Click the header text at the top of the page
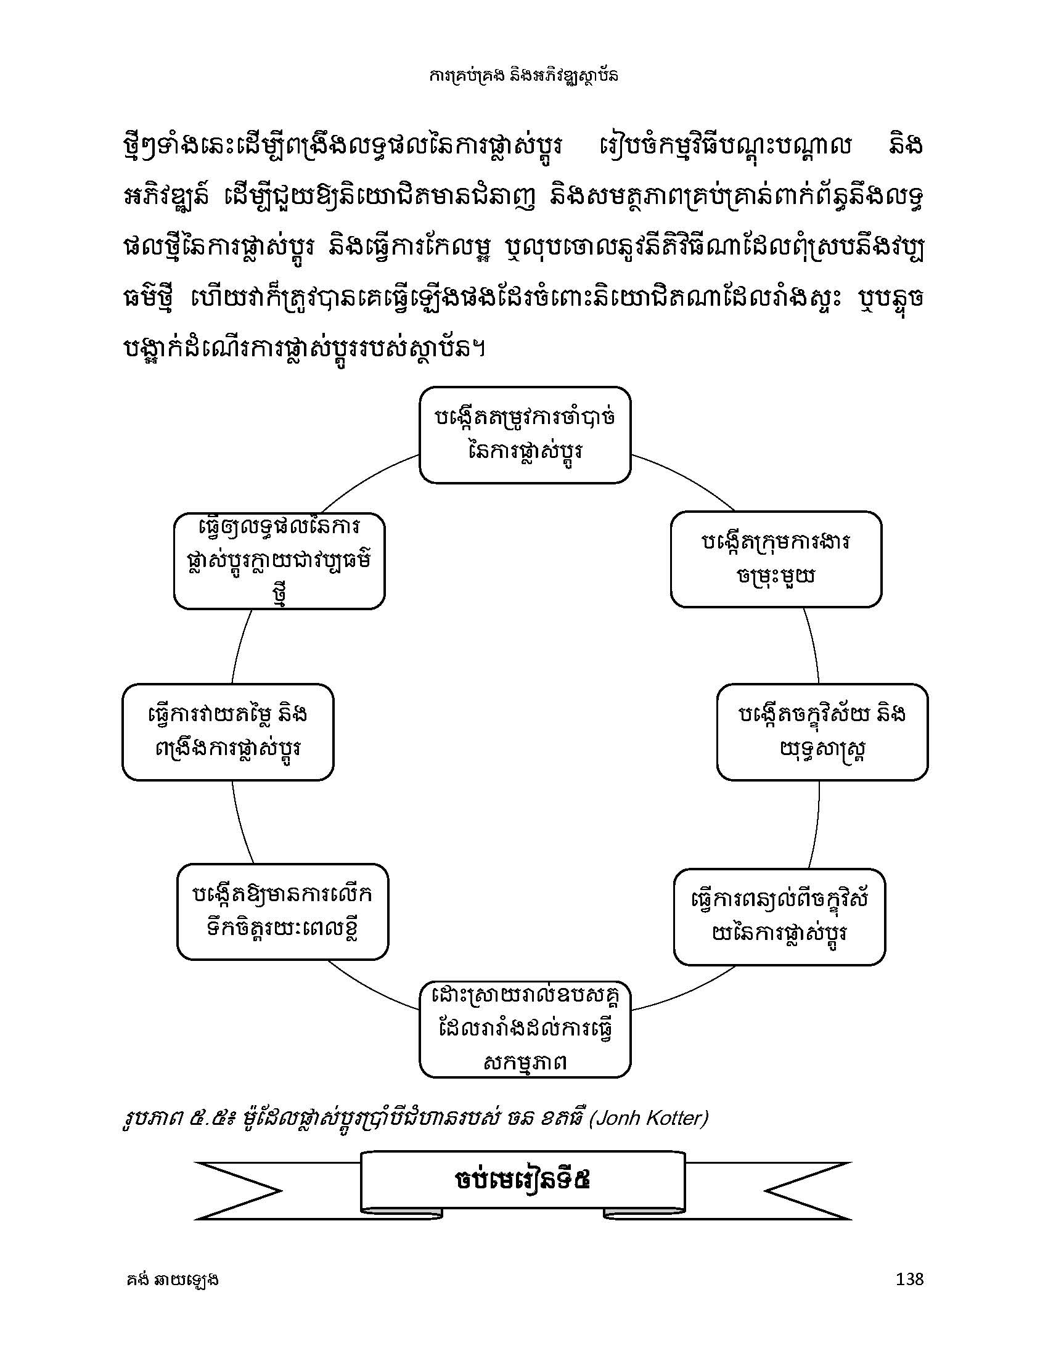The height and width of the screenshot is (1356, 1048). (x=524, y=76)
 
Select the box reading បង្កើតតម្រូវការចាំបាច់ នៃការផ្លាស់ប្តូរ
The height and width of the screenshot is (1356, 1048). (x=525, y=435)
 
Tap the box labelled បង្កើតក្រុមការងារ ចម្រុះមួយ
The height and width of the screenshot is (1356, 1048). (x=776, y=559)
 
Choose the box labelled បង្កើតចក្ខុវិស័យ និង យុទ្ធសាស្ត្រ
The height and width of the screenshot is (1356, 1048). (x=822, y=732)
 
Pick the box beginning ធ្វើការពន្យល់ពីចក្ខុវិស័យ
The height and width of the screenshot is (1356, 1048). (x=779, y=917)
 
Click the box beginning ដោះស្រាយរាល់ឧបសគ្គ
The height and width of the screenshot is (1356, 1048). (x=525, y=1029)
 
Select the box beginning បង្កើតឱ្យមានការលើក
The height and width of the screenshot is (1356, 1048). (x=282, y=912)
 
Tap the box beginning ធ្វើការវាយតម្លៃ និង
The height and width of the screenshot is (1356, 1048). (x=228, y=732)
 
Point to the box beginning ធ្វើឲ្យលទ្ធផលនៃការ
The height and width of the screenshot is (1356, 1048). (x=279, y=561)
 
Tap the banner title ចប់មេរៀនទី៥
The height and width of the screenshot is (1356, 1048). (x=523, y=1180)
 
